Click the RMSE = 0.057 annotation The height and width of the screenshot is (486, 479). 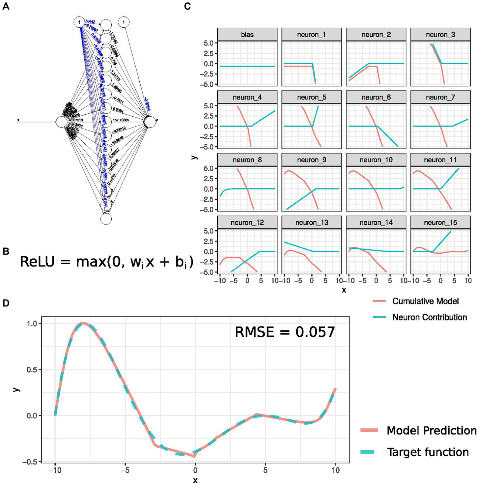pos(285,332)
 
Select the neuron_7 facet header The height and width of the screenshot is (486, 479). pos(440,97)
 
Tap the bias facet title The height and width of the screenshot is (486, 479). pos(247,35)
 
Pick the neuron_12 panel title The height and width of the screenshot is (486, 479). pos(247,222)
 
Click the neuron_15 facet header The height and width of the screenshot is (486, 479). pos(440,222)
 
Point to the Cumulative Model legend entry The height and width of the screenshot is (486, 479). pos(425,301)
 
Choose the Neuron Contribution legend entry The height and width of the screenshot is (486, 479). pos(429,317)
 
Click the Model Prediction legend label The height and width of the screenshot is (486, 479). pos(431,430)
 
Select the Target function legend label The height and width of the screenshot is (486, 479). pos(428,452)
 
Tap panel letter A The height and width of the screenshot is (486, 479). pos(6,6)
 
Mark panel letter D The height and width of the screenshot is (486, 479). pos(6,303)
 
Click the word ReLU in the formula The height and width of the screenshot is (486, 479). pos(37,262)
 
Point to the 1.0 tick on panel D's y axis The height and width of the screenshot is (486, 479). pos(32,324)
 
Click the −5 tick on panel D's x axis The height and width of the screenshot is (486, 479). pos(125,470)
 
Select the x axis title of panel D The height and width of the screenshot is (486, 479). pos(195,480)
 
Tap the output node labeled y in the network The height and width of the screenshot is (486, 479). pos(150,122)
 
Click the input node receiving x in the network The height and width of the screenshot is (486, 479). pos(62,122)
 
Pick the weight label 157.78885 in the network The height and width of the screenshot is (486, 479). pos(121,120)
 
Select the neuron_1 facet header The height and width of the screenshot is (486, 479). pos(311,35)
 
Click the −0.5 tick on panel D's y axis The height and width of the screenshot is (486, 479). pos(30,462)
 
